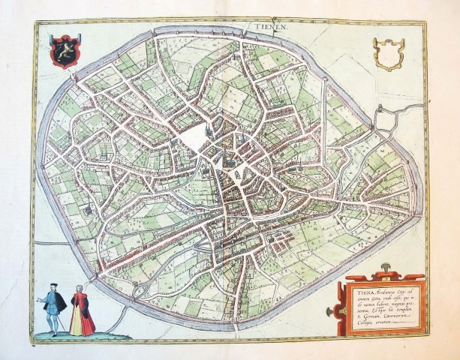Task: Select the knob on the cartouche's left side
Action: pos(342,299)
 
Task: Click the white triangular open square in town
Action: pos(197,138)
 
